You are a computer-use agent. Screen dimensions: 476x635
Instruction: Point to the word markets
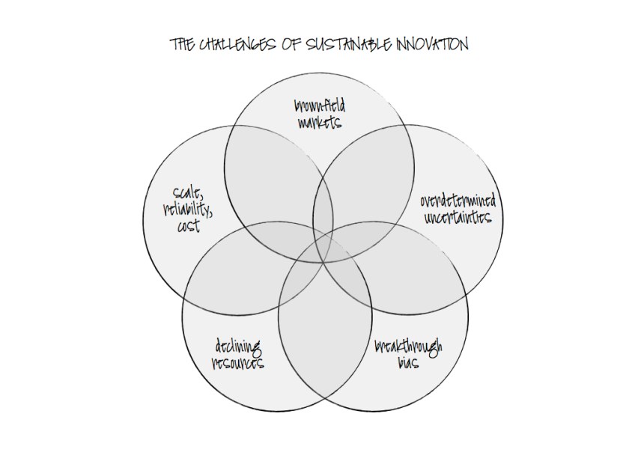coord(320,123)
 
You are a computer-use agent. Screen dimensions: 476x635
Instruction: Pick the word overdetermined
coord(458,202)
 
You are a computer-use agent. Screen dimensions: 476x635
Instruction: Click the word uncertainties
coord(458,218)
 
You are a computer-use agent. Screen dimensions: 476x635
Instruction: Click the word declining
coord(237,348)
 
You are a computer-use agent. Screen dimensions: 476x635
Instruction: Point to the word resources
coord(237,364)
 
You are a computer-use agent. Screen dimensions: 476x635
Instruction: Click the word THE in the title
coord(183,46)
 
